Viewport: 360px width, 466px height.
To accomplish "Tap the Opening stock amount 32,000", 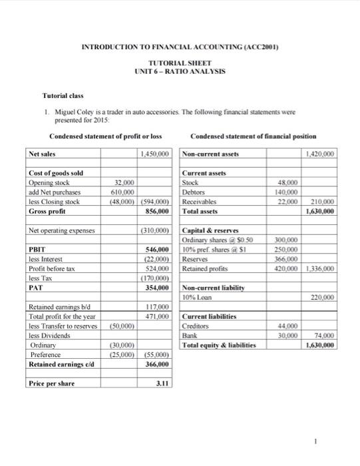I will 124,181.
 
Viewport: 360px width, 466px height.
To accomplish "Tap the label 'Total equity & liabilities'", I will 218,346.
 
